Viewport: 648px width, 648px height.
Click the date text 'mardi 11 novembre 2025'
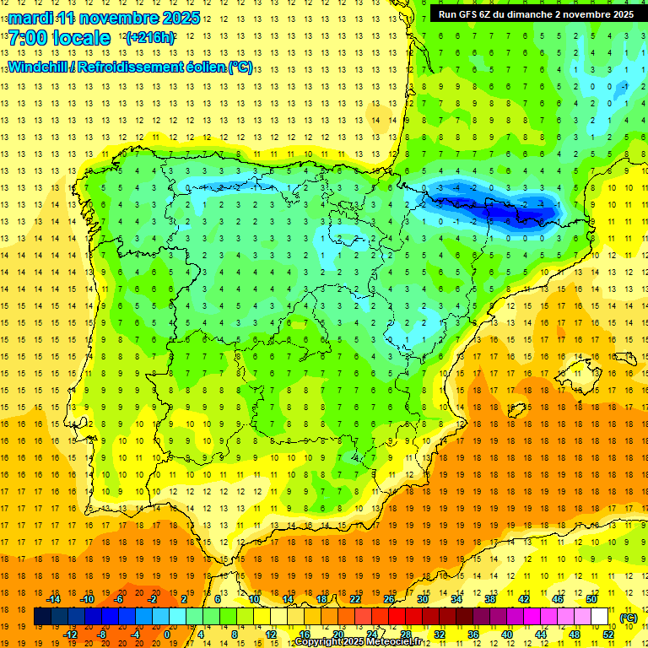(104, 18)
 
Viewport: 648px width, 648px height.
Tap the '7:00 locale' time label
(59, 38)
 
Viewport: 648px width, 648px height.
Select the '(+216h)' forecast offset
(150, 38)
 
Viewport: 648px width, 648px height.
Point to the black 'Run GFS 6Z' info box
(536, 14)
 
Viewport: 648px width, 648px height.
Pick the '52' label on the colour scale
(608, 634)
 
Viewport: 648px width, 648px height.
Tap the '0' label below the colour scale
(168, 634)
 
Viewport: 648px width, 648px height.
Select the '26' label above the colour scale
(389, 599)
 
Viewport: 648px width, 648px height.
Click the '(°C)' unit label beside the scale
(629, 618)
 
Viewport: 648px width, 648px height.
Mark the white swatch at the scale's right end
(599, 617)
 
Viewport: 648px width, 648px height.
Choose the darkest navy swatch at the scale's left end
(42, 617)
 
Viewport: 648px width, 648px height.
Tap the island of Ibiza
(516, 410)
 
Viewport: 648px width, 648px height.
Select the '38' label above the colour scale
(489, 599)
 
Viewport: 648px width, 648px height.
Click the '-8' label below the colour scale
(101, 634)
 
